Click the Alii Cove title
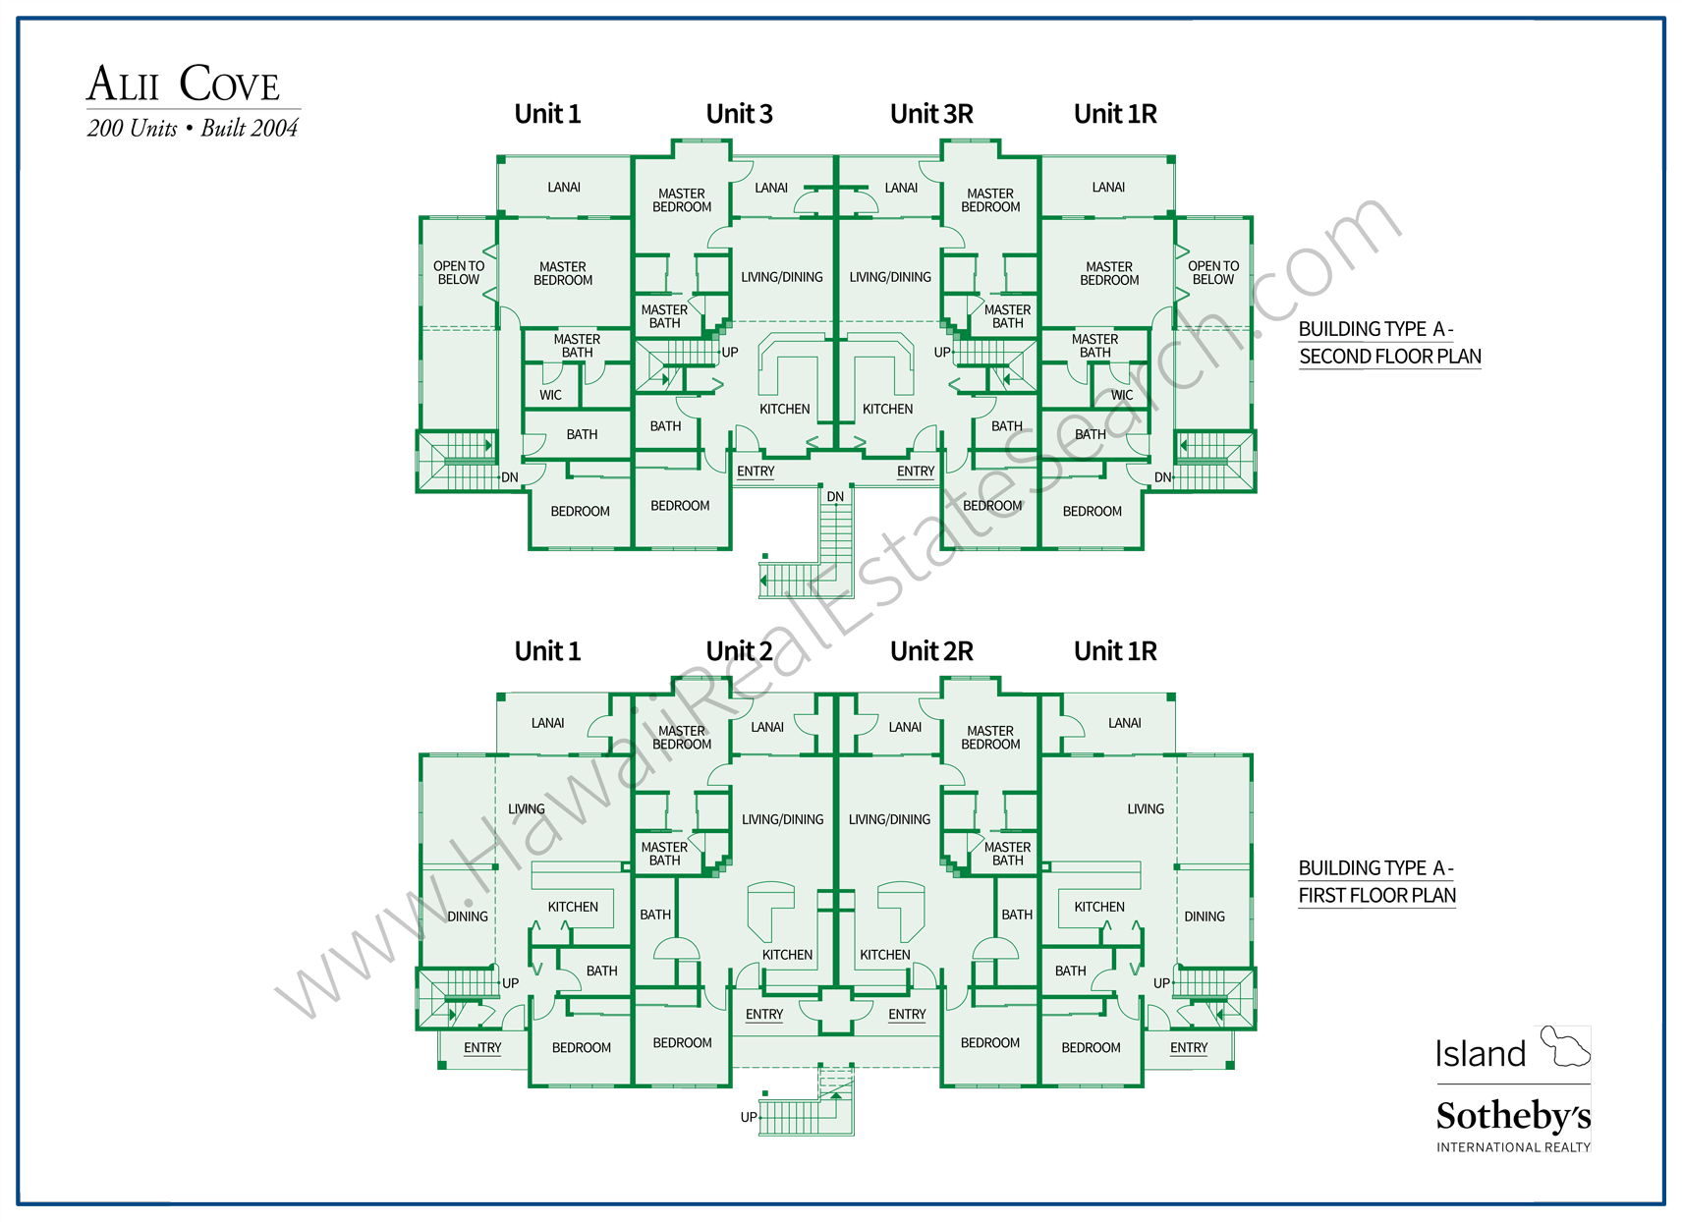pos(184,84)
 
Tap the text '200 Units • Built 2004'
pos(193,129)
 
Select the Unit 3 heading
pos(739,114)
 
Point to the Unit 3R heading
pos(931,114)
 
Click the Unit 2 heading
pos(739,651)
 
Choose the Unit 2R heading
pos(931,651)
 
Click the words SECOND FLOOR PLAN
pos(1389,357)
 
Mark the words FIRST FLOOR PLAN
pos(1376,895)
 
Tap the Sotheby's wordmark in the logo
pos(1513,1117)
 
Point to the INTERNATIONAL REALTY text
pos(1513,1147)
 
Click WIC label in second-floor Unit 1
pos(550,395)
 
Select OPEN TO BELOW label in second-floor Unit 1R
pos(1213,273)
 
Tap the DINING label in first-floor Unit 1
pos(468,916)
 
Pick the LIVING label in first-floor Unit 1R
pos(1146,809)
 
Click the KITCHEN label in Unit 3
pos(784,409)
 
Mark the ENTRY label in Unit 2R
pos(907,1015)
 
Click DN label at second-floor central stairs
pos(835,497)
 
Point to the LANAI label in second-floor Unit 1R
pos(1108,187)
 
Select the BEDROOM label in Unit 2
pos(682,1042)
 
